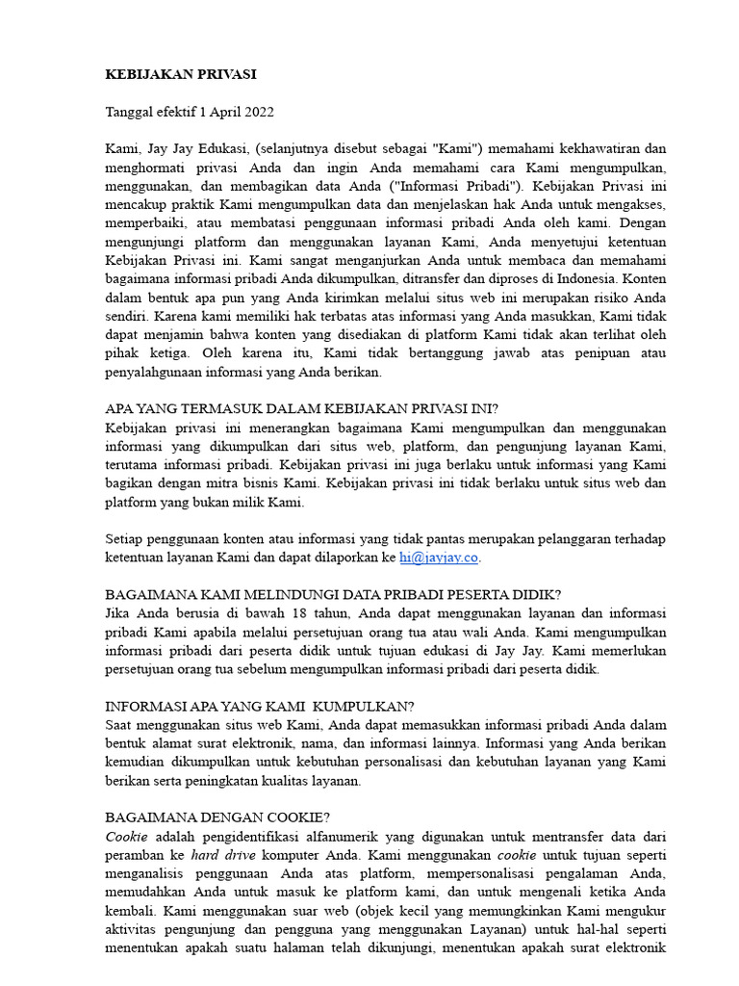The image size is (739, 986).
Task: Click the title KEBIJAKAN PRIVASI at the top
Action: pos(181,74)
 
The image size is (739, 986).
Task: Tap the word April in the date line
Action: pos(218,112)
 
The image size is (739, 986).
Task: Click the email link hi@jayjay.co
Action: pos(439,558)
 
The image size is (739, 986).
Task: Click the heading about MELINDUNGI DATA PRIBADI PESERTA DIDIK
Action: pos(333,595)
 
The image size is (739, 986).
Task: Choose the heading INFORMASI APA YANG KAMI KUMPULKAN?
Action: pos(260,706)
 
